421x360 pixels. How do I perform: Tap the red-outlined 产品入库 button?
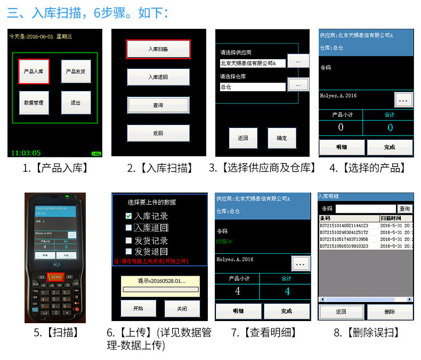[34, 71]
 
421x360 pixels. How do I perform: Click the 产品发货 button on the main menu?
[75, 71]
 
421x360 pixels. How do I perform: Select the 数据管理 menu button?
[34, 102]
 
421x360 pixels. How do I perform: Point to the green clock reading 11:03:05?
[25, 153]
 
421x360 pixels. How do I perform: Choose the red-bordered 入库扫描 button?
[158, 49]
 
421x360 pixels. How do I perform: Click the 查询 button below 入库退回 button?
[158, 105]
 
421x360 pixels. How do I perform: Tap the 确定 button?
[281, 138]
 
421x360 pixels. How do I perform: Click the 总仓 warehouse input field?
[253, 87]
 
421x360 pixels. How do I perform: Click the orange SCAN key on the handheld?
[56, 277]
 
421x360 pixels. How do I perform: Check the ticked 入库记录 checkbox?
[128, 216]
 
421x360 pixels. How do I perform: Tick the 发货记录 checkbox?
[128, 241]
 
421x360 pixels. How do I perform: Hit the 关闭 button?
[182, 308]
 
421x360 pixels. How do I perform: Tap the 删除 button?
[390, 312]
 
